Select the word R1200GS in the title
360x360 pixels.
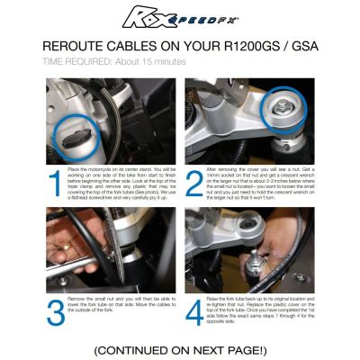[x=261, y=47]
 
